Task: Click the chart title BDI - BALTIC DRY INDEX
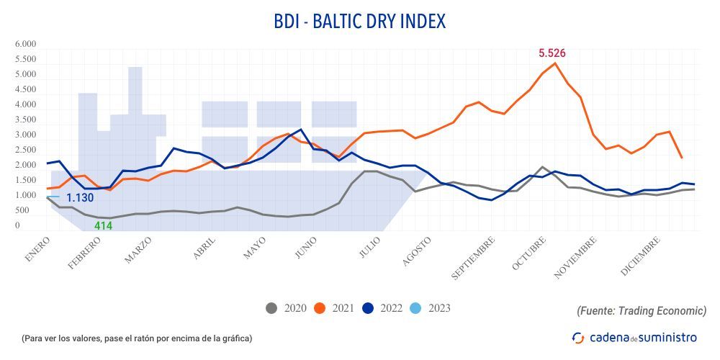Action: [x=359, y=21]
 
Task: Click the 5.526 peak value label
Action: [x=552, y=53]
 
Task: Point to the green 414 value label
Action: [x=103, y=226]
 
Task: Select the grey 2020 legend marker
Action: [x=271, y=308]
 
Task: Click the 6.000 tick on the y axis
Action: [x=26, y=44]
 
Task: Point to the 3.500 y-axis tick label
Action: [x=26, y=120]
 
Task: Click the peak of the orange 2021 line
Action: [x=554, y=63]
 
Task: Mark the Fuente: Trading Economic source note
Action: [x=641, y=310]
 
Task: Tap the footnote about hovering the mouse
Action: [x=137, y=338]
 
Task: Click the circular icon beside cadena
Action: [x=578, y=337]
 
